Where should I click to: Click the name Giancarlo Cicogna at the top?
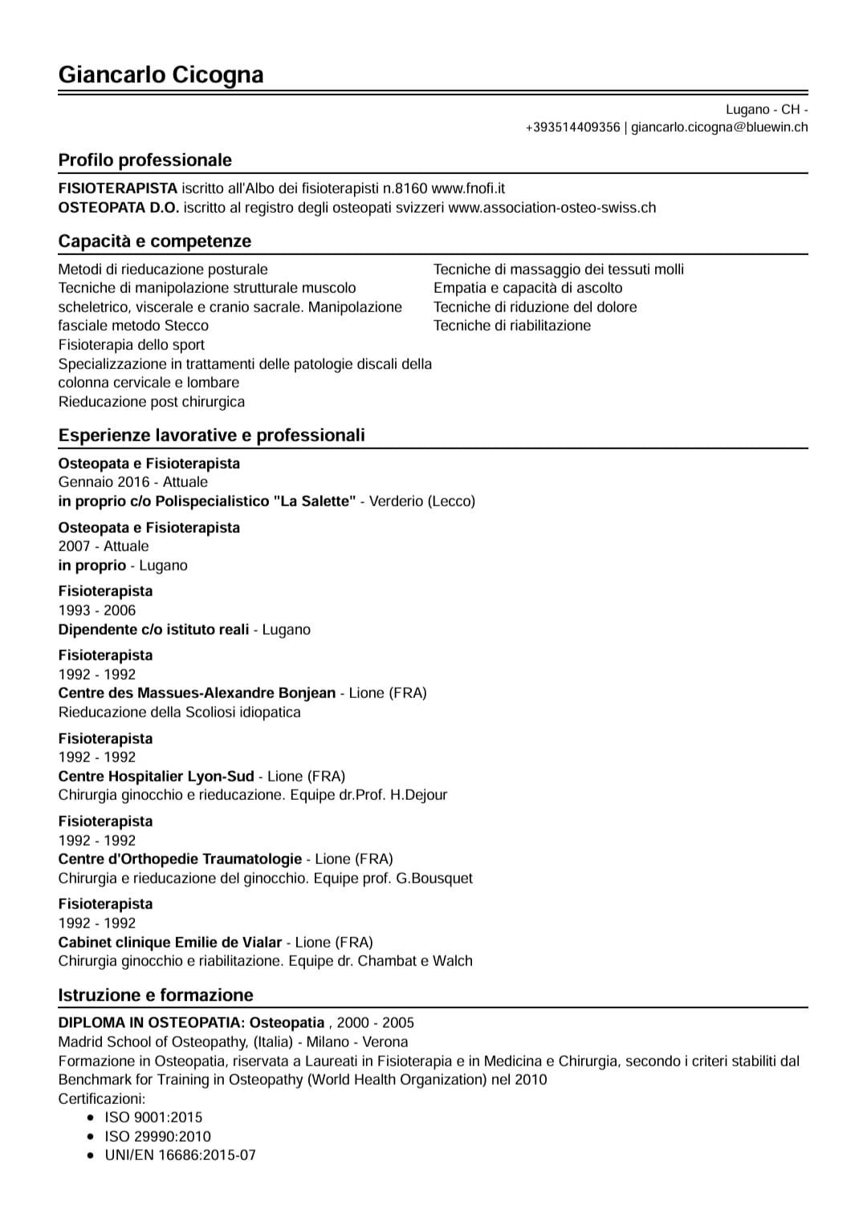pos(161,75)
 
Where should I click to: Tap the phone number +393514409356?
pos(572,128)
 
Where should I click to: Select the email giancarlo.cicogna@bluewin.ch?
pos(719,128)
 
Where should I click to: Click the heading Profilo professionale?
pos(144,160)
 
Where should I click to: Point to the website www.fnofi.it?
pos(468,189)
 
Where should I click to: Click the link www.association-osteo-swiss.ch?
pos(552,208)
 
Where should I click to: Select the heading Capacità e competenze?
pos(154,241)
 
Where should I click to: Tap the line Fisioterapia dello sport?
pos(131,345)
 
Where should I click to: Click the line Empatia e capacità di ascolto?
pos(527,288)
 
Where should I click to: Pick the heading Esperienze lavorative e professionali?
pos(211,435)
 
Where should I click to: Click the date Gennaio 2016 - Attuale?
pos(132,482)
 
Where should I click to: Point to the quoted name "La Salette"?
pos(314,501)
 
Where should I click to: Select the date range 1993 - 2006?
pos(96,611)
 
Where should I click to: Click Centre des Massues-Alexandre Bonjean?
pos(197,693)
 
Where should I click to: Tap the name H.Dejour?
pos(418,795)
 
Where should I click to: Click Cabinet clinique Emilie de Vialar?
pos(169,943)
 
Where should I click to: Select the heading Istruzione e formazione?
pos(155,995)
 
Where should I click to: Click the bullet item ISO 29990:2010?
pos(157,1136)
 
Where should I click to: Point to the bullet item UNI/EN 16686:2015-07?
pos(180,1155)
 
